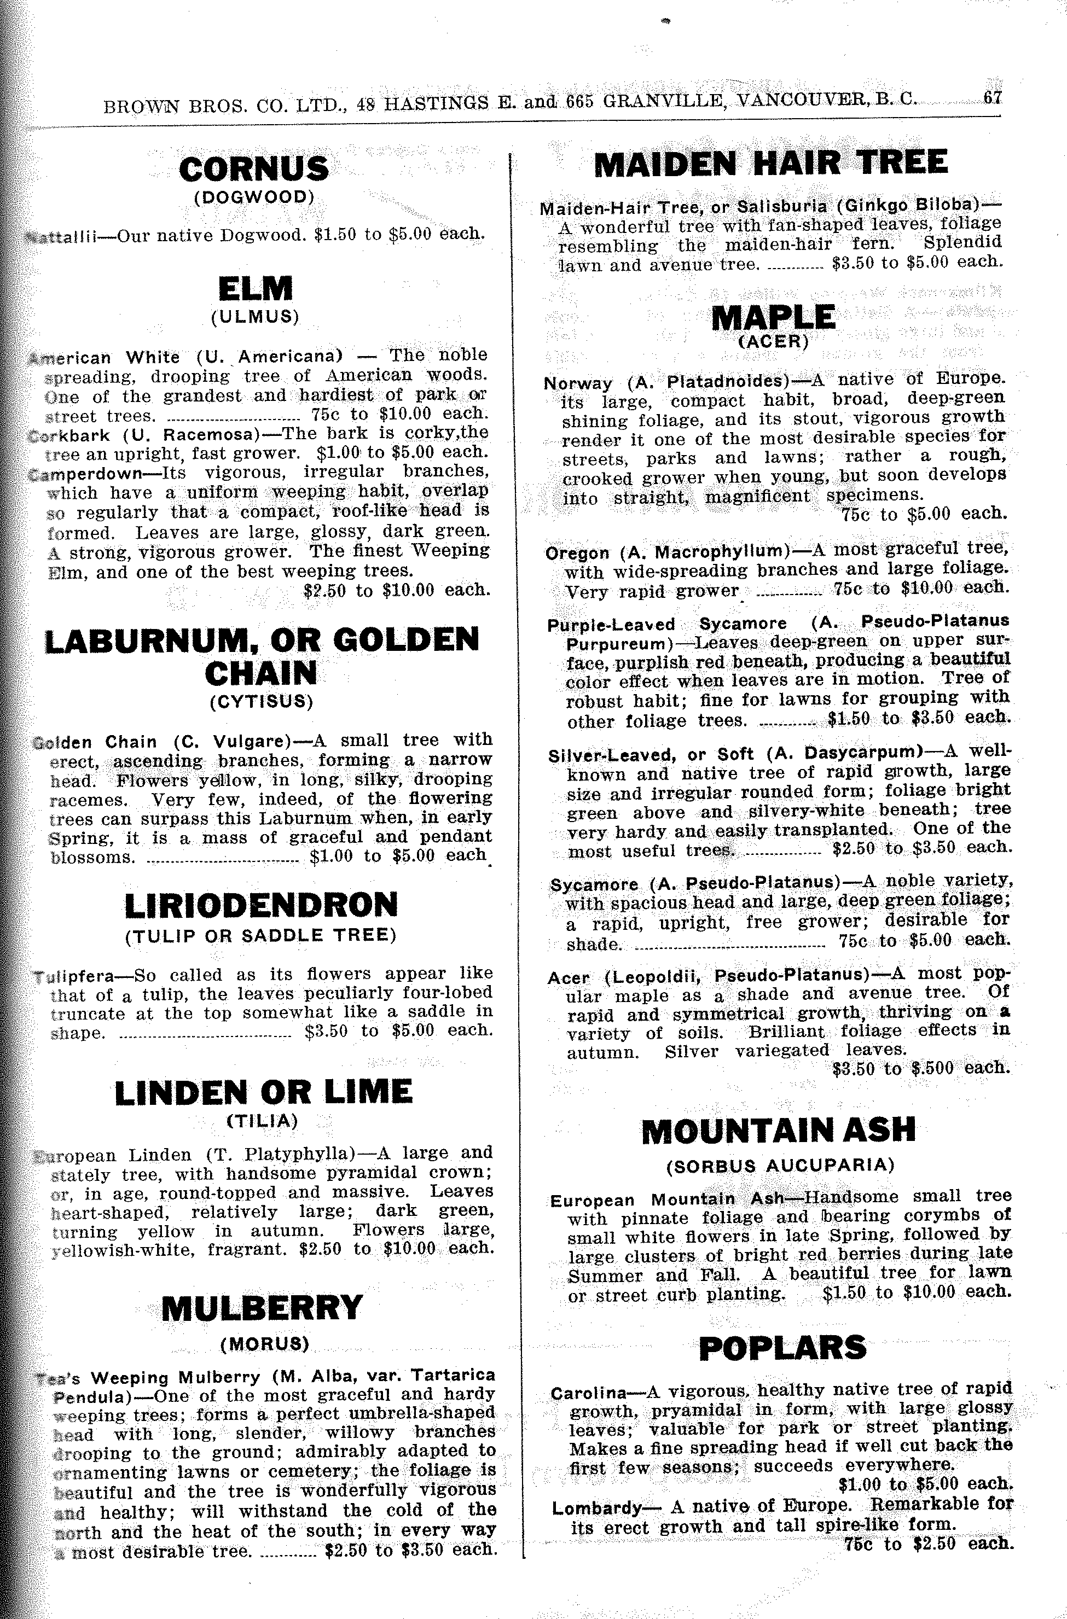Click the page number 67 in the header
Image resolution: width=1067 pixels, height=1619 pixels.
[992, 98]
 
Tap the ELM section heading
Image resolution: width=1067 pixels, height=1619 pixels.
[255, 288]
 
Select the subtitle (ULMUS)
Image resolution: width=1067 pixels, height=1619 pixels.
[255, 317]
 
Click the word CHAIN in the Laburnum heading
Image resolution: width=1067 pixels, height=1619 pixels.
[260, 673]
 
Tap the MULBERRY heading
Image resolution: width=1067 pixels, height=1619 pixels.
[263, 1307]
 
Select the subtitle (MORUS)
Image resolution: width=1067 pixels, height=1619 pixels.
[265, 1343]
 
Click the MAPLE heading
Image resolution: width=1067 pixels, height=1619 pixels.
[773, 318]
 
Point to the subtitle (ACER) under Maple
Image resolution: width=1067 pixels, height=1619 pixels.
[774, 341]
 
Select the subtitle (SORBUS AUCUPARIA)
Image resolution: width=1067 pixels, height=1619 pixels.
[780, 1165]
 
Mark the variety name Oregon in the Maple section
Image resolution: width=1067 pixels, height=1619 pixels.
[578, 553]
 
